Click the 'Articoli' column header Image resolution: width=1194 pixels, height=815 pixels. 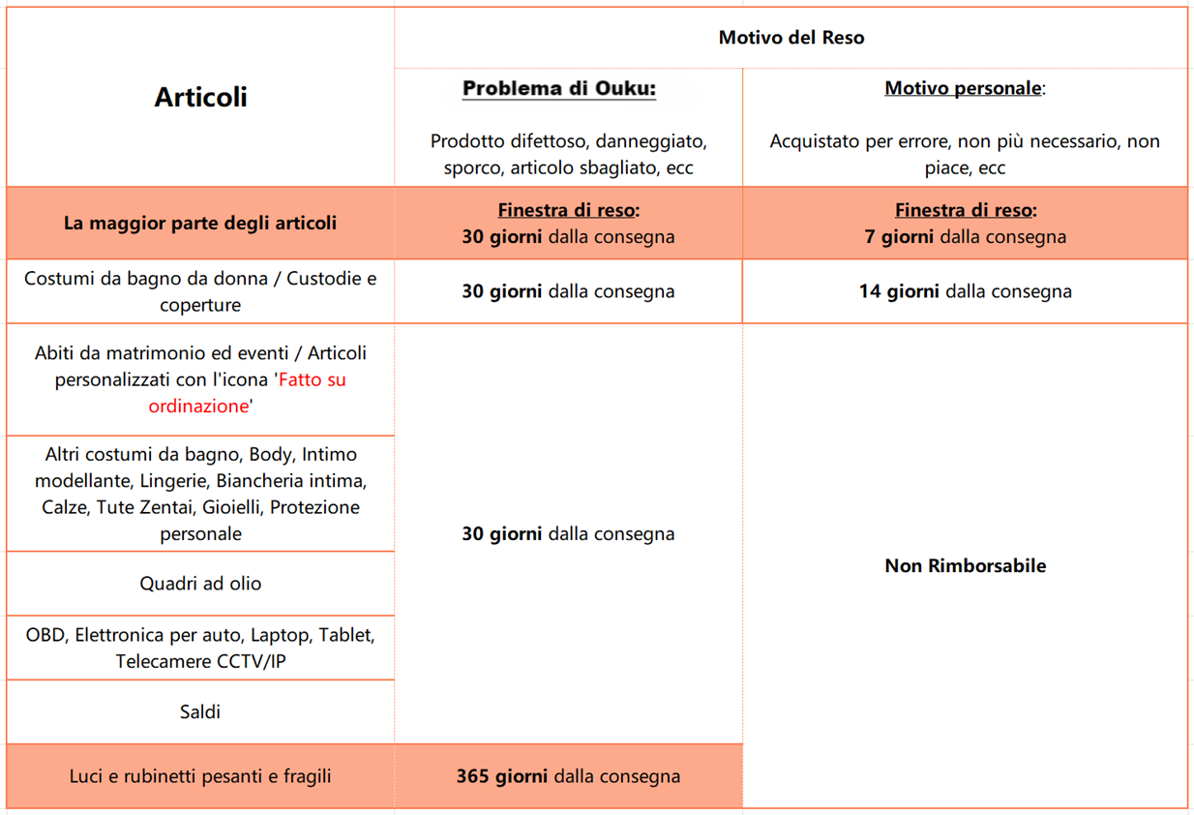(200, 97)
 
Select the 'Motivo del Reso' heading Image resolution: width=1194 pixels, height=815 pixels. (791, 38)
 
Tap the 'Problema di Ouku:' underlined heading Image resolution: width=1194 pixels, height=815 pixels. (559, 89)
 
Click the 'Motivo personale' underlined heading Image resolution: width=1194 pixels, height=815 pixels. (963, 89)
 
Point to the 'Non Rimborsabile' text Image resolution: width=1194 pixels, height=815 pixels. (965, 566)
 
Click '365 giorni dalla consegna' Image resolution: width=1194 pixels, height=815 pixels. (568, 776)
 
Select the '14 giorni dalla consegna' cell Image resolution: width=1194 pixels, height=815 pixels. (965, 291)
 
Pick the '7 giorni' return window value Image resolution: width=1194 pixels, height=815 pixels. (899, 237)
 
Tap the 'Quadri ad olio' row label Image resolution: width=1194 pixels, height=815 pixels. (200, 584)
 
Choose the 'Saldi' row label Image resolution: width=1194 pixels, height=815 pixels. (200, 712)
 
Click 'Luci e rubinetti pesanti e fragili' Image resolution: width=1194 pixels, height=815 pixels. (200, 776)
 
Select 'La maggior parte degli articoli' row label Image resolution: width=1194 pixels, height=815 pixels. (200, 224)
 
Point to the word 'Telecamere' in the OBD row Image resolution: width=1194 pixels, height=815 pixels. (161, 662)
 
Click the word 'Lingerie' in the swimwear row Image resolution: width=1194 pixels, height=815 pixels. (175, 481)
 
